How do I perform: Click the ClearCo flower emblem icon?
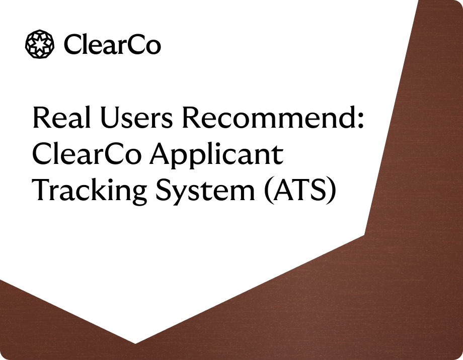tap(40, 44)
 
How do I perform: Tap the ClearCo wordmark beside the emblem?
tap(112, 45)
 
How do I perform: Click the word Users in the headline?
tap(135, 118)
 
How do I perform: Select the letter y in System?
tap(183, 196)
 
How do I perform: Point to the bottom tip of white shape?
tap(135, 343)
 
